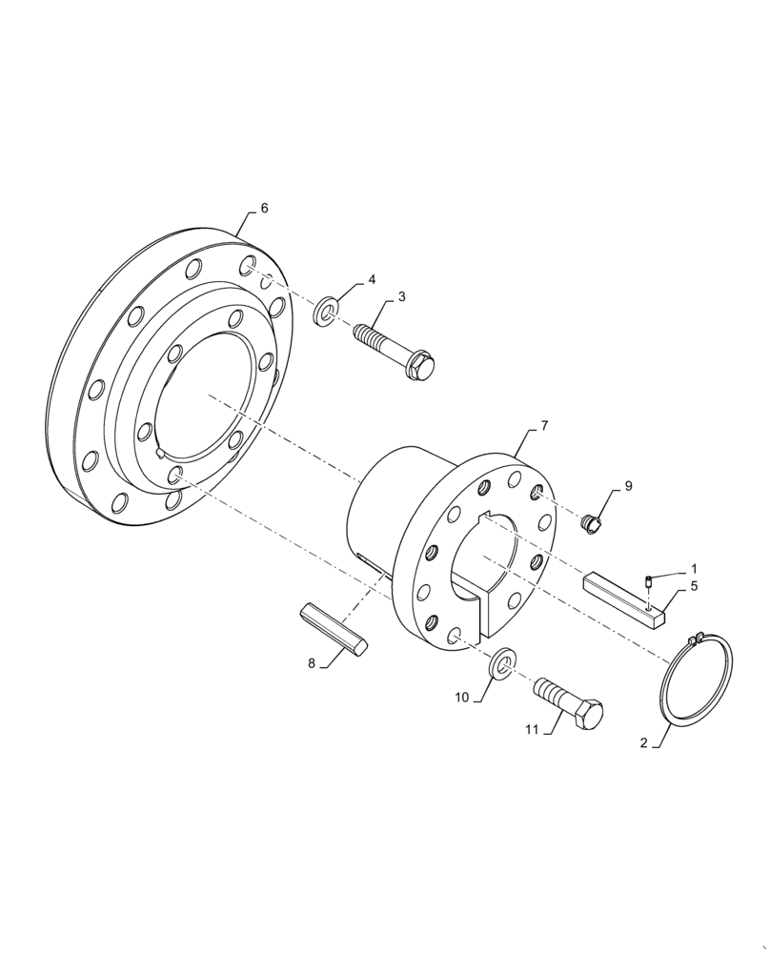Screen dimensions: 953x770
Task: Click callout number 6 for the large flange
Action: (264, 208)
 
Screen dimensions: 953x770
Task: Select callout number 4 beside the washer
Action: (372, 280)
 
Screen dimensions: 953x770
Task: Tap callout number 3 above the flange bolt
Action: (401, 297)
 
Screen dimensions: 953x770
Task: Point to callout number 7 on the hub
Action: (543, 426)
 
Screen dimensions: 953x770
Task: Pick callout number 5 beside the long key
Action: (693, 587)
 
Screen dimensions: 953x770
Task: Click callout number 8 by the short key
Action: (311, 663)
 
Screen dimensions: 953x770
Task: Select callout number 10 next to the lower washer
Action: (461, 698)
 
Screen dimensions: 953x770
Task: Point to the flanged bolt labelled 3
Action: (395, 348)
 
